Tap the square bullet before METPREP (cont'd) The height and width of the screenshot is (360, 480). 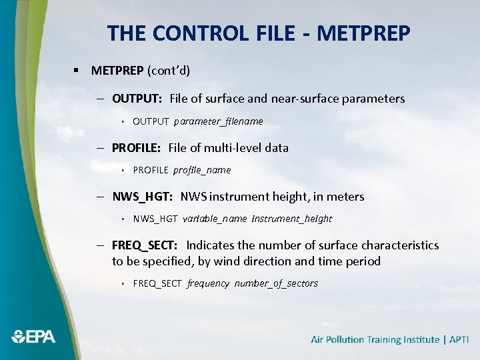(77, 70)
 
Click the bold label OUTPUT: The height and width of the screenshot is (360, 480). (137, 99)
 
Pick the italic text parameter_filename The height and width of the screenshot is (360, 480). (219, 121)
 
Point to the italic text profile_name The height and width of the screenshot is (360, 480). (202, 170)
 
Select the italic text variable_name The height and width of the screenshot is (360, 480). (215, 219)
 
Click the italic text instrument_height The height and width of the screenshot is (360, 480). (292, 219)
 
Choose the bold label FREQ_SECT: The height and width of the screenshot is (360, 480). (145, 245)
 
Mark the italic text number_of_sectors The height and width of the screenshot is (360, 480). (276, 283)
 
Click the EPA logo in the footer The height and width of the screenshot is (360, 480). (33, 337)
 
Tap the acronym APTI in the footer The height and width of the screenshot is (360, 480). (459, 339)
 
